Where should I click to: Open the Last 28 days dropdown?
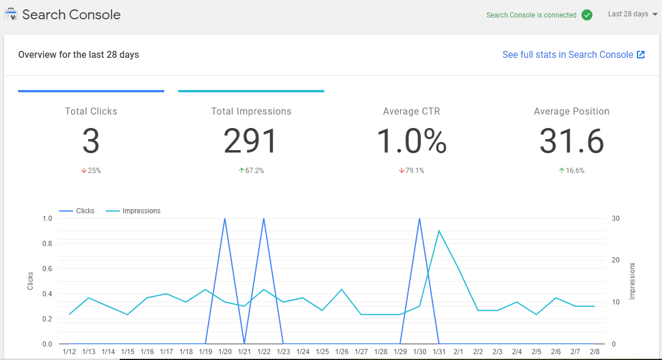[x=633, y=14]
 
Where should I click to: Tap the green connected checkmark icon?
[x=587, y=15]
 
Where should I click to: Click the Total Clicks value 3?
[x=91, y=141]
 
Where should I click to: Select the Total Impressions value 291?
[x=251, y=141]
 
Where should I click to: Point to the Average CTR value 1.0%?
[x=411, y=141]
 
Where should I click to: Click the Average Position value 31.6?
[x=571, y=141]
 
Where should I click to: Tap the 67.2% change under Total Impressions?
[x=251, y=171]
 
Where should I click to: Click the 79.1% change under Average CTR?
[x=411, y=171]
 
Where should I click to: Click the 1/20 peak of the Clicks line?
[x=225, y=219]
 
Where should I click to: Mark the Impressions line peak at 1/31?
[x=439, y=231]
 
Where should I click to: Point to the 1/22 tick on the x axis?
[x=264, y=352]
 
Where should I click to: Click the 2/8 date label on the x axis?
[x=594, y=352]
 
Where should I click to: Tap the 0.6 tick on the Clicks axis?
[x=47, y=269]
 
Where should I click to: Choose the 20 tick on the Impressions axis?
[x=615, y=260]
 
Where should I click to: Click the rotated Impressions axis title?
[x=632, y=281]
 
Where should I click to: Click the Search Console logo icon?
[x=11, y=15]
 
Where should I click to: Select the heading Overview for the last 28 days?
[x=78, y=55]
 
